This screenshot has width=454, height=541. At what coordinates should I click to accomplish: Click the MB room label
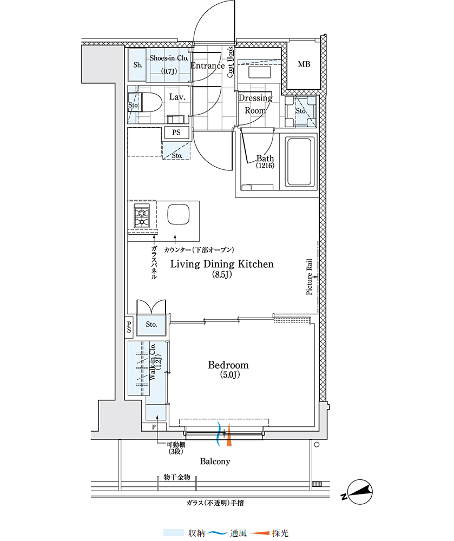coord(304,64)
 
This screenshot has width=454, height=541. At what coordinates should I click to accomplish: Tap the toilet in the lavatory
coord(145,102)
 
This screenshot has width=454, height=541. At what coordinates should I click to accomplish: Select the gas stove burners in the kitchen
coord(142,216)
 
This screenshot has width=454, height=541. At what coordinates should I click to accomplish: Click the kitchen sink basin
coord(178,215)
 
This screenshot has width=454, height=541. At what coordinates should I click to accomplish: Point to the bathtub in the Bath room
coord(299,162)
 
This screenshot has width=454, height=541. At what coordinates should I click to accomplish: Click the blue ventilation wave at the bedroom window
coord(219,434)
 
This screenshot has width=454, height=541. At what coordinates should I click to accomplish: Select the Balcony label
coord(215,461)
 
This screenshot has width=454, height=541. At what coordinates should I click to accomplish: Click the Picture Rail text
coord(309,277)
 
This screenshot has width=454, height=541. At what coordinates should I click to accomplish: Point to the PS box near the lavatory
coord(176,133)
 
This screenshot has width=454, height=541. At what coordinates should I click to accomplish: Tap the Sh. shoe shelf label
coord(137,64)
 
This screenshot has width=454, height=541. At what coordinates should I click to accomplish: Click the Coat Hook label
coord(230,62)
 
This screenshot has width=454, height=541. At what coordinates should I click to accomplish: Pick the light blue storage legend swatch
coord(174,533)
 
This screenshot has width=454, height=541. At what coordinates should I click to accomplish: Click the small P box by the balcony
coord(154,427)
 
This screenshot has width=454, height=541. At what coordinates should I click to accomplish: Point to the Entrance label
coord(208,65)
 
